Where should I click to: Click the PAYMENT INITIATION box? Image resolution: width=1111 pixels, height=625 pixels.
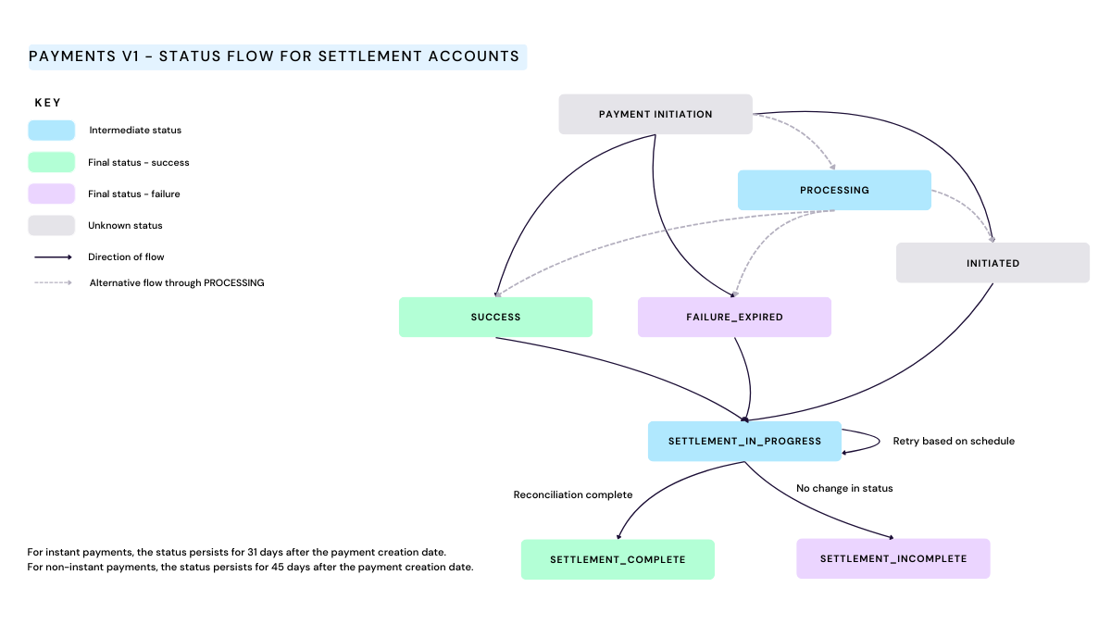655,115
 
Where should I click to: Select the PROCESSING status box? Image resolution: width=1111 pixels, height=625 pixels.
834,190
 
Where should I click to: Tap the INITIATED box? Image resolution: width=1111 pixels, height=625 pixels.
992,263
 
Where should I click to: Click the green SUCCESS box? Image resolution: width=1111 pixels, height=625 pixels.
495,317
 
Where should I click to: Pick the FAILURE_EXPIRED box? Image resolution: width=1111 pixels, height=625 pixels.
734,317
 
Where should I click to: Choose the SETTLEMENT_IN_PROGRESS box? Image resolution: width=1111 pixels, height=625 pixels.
744,441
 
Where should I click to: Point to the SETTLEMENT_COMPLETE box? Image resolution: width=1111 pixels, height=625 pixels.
618,559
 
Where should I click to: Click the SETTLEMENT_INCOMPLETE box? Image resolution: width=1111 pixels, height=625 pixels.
893,558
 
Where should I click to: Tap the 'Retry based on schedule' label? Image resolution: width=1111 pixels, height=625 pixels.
954,441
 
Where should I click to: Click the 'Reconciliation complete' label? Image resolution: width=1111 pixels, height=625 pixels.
573,494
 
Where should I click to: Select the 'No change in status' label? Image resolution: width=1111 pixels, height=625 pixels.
844,488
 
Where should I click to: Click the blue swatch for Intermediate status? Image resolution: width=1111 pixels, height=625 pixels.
52,131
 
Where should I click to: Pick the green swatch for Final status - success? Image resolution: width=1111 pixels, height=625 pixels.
52,162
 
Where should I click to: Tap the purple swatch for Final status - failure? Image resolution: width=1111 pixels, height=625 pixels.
52,194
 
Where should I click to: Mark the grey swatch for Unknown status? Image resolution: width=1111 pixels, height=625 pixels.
52,225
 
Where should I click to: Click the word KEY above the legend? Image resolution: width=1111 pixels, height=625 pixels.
48,103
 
